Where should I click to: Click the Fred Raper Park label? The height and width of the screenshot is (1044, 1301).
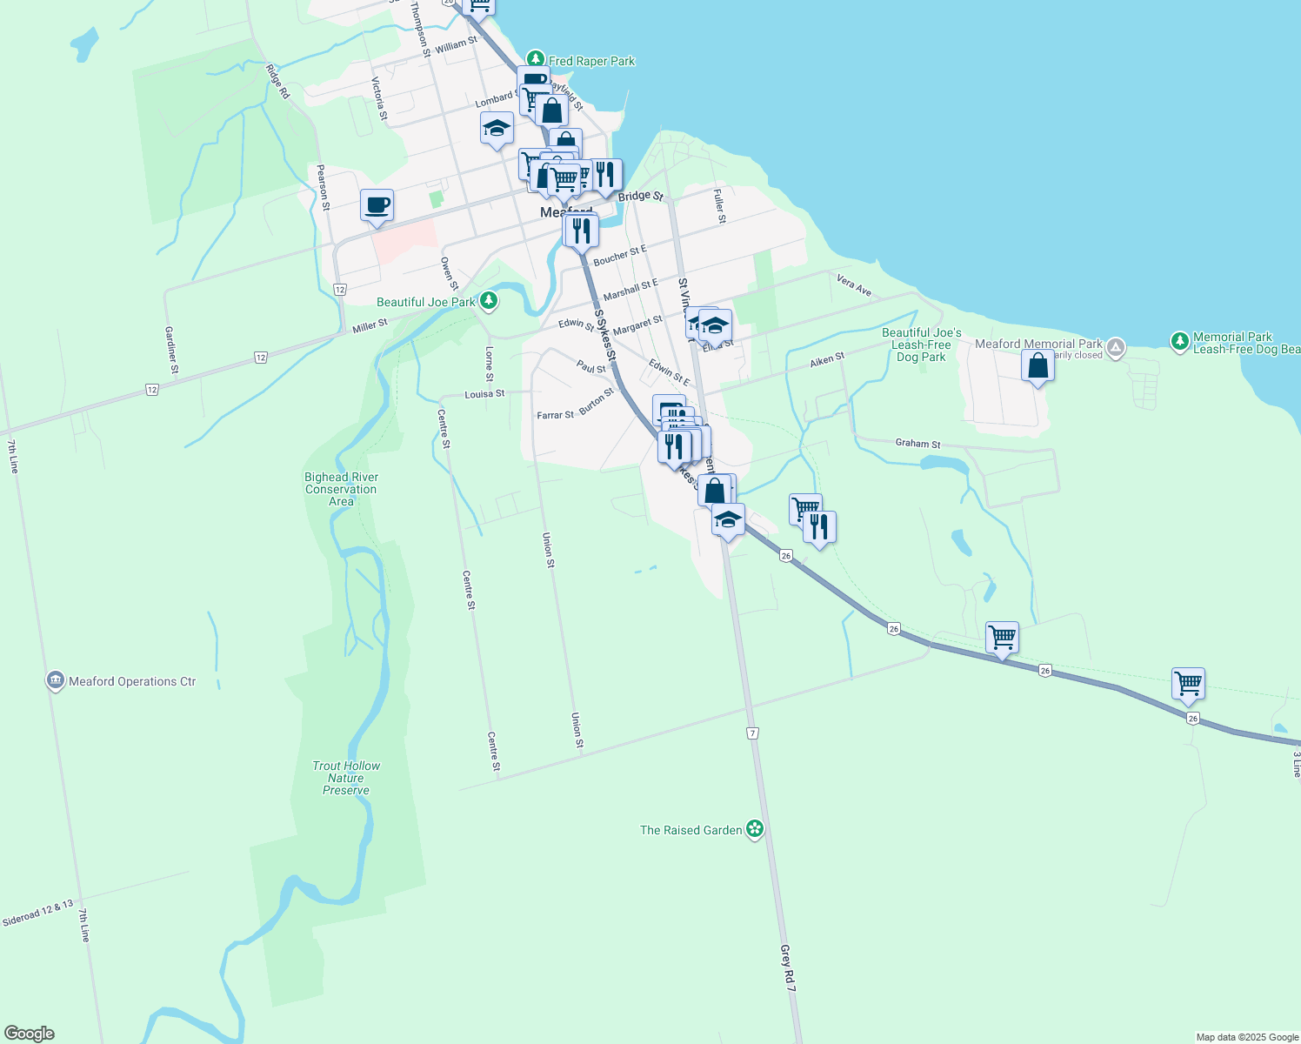[x=591, y=61]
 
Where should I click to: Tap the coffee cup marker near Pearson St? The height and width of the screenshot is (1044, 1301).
[x=377, y=206]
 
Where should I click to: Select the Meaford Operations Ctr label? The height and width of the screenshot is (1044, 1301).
[x=132, y=681]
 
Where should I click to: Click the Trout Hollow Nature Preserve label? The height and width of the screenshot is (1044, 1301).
[x=346, y=778]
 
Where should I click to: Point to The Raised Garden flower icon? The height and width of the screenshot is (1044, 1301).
[x=755, y=829]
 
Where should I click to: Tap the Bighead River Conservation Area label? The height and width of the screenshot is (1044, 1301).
[x=341, y=489]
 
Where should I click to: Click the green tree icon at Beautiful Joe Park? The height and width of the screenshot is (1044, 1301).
[x=490, y=301]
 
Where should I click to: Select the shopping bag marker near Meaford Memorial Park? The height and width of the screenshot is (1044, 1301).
[x=1037, y=365]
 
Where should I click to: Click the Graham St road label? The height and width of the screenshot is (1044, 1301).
[x=917, y=444]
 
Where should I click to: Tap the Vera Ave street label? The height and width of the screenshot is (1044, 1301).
[x=854, y=284]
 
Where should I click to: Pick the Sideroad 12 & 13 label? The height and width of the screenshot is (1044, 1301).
[x=37, y=913]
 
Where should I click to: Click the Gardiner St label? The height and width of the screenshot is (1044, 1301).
[x=171, y=351]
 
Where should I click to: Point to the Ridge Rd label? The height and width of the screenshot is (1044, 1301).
[x=277, y=81]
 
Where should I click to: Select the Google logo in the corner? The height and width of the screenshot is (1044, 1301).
[x=30, y=1034]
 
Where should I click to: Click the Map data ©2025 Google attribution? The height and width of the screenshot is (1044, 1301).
[x=1247, y=1037]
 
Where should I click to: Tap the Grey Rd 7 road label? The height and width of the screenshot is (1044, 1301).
[x=788, y=968]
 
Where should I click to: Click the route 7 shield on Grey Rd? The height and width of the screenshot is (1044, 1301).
[x=752, y=733]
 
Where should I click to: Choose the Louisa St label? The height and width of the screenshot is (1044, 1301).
[x=484, y=394]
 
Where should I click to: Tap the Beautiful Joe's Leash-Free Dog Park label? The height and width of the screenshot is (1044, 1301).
[x=921, y=345]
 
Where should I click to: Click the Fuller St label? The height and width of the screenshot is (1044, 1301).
[x=719, y=207]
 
